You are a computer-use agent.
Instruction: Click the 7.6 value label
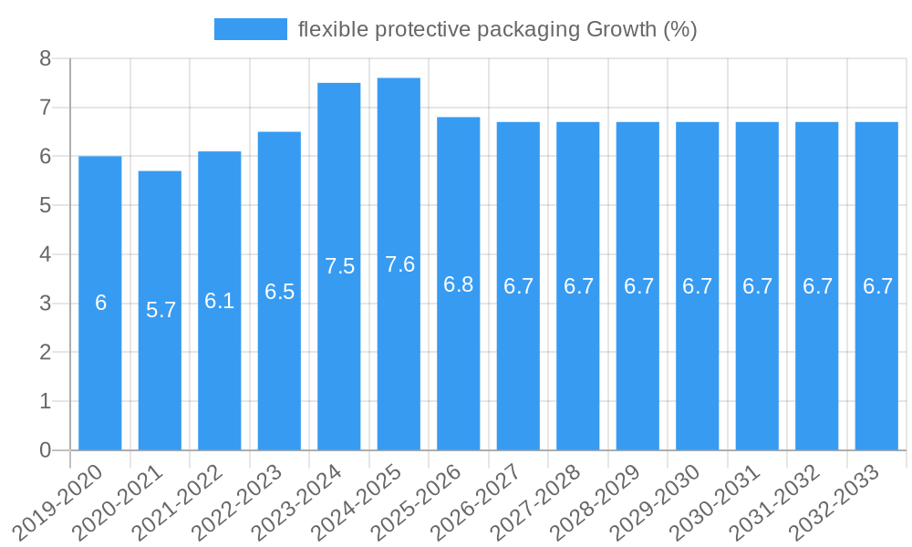(399, 264)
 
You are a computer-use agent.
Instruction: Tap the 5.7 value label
(161, 310)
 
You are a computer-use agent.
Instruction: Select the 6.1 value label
(220, 301)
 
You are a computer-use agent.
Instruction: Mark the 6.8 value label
(459, 284)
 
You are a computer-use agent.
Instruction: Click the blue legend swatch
(250, 29)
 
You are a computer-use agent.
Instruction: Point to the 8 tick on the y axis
(45, 59)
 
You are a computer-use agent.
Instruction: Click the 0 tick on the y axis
(45, 450)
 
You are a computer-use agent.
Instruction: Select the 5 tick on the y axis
(45, 206)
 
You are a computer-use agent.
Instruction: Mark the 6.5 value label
(280, 292)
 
